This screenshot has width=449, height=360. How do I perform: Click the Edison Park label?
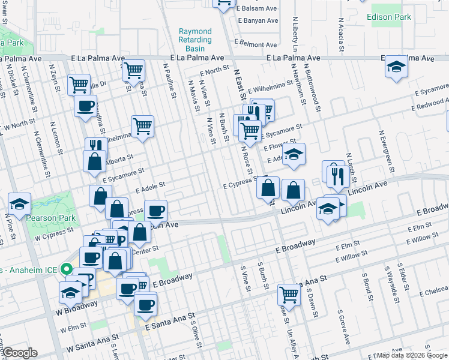pyautogui.click(x=390, y=17)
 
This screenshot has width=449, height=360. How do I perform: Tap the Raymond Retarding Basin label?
pyautogui.click(x=195, y=40)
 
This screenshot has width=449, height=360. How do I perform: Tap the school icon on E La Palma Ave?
pyautogui.click(x=396, y=67)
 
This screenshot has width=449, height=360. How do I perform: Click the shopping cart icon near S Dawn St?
pyautogui.click(x=289, y=295)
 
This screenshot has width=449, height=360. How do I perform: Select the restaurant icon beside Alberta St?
pyautogui.click(x=95, y=146)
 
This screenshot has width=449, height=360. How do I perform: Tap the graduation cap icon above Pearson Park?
pyautogui.click(x=19, y=203)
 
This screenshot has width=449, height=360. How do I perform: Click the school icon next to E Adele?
pyautogui.click(x=294, y=154)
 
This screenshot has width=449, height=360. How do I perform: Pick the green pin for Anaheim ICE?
pyautogui.click(x=68, y=270)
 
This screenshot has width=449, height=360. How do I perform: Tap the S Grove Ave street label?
pyautogui.click(x=343, y=328)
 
